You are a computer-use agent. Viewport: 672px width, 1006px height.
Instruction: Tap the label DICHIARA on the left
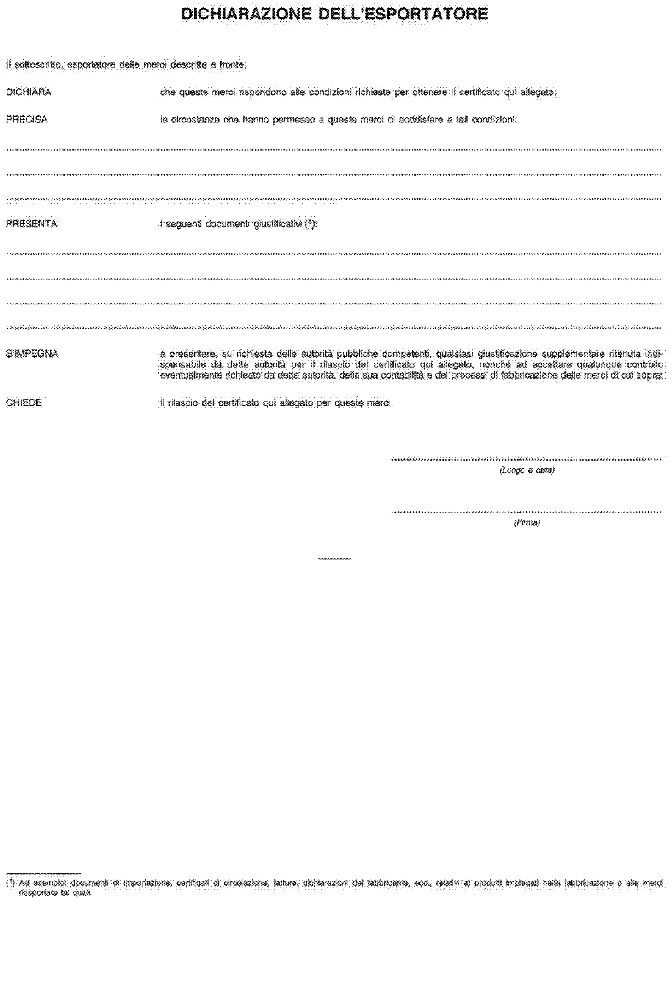click(28, 92)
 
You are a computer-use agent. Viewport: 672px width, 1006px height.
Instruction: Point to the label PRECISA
click(26, 120)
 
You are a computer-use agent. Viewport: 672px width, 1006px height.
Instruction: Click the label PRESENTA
click(31, 223)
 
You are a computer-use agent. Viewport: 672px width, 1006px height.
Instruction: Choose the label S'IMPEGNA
click(32, 354)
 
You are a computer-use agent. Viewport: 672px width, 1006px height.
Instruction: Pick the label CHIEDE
click(24, 403)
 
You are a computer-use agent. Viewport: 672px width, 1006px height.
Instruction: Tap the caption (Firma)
click(527, 523)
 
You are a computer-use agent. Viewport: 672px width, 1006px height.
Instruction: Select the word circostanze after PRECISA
click(196, 120)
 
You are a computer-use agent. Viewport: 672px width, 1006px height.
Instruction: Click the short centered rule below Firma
click(334, 559)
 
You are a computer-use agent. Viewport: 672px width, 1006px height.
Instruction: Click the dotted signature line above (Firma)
click(526, 512)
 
